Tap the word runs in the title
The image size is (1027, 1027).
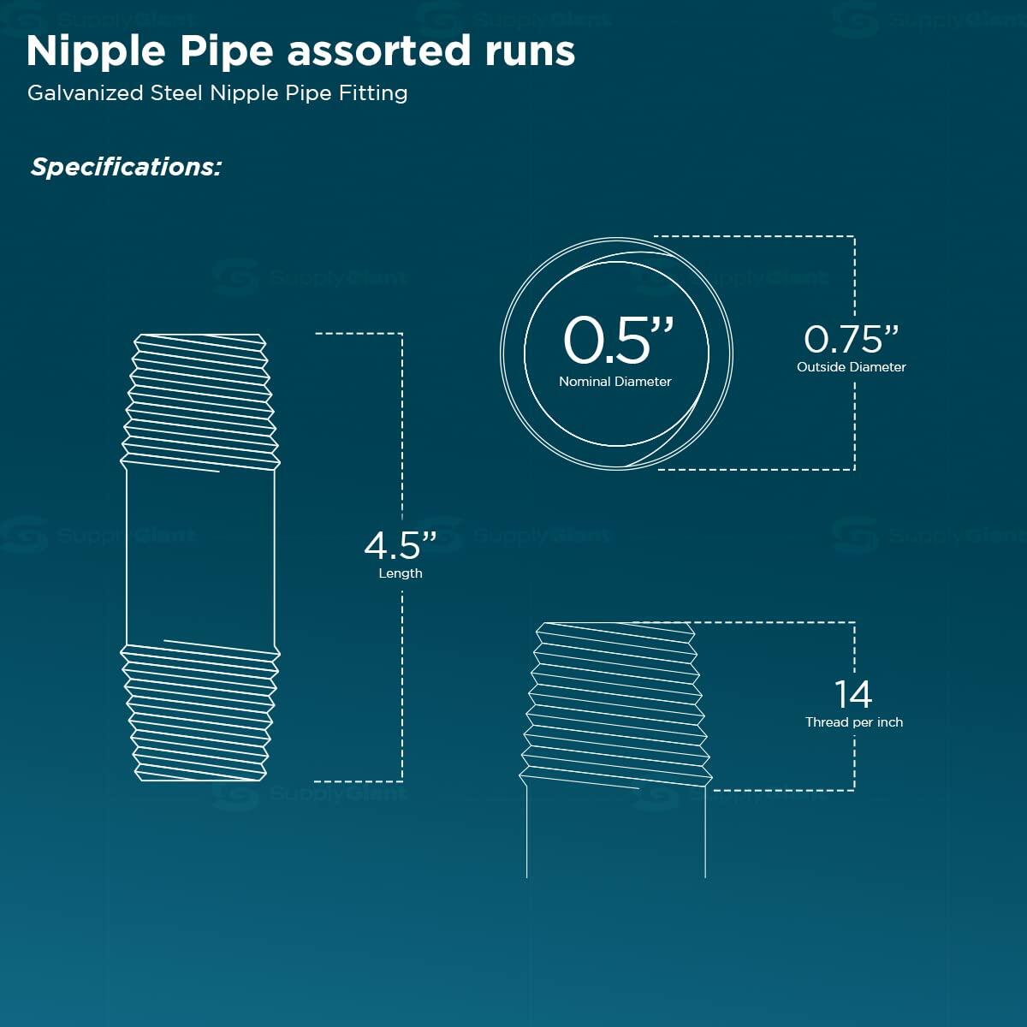[530, 52]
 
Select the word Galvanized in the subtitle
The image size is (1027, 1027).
[86, 93]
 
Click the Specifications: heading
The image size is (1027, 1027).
[126, 168]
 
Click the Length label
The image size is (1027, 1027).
[401, 573]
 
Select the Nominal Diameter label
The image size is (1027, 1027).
[615, 382]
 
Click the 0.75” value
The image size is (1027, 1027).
[851, 339]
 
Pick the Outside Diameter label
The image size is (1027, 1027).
[851, 367]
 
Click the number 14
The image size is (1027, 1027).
[853, 694]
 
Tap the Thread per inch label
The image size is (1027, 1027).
[854, 722]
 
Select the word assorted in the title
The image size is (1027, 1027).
[379, 52]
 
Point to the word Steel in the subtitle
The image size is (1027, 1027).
[176, 93]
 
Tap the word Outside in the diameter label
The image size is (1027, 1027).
[819, 367]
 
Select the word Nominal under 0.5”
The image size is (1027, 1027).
[585, 382]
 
